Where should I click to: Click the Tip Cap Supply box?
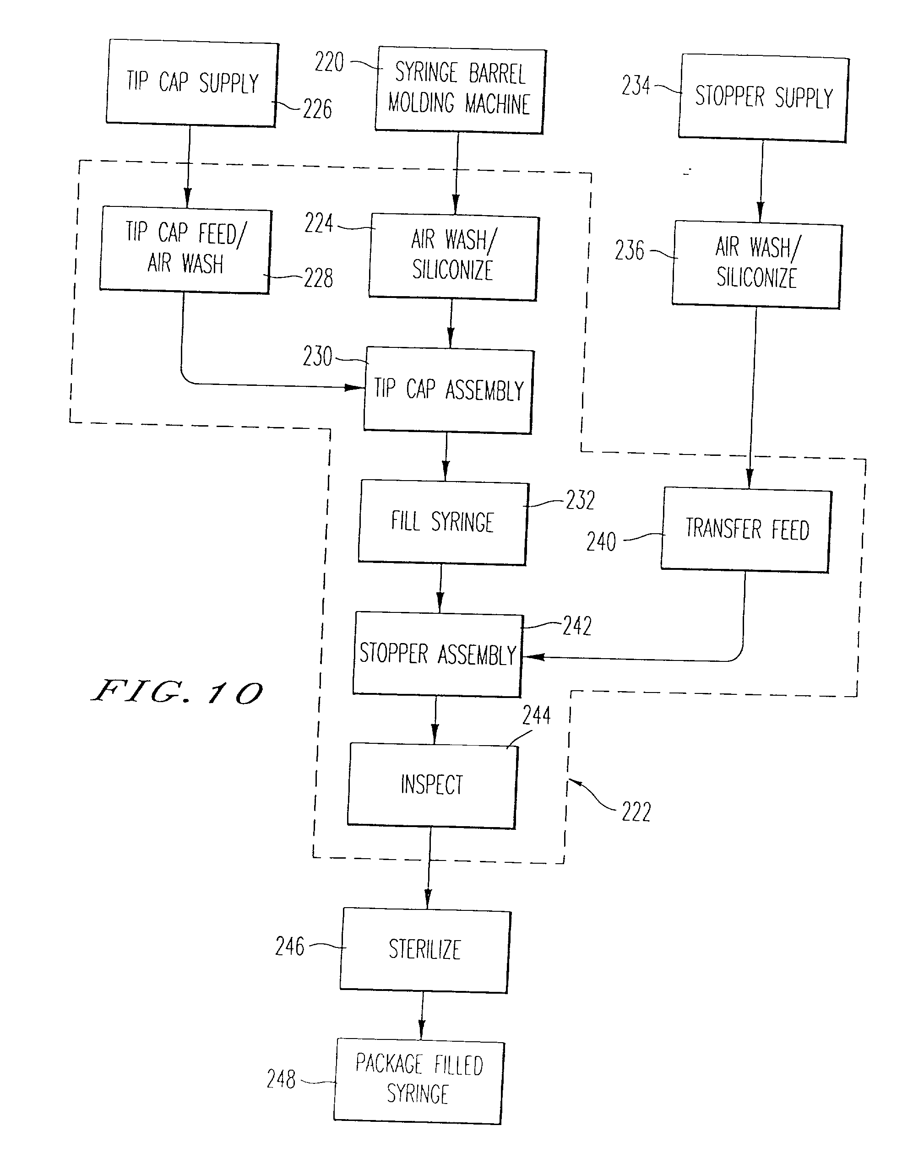tap(192, 83)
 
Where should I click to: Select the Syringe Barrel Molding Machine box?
tap(460, 90)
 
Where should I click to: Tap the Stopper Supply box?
tap(763, 98)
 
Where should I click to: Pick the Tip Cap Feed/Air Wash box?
tap(185, 249)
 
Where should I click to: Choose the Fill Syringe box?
tap(443, 522)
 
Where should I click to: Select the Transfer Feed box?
tap(746, 530)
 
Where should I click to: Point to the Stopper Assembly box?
tap(438, 655)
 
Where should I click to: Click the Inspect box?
tap(432, 785)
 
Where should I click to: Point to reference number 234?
tap(636, 86)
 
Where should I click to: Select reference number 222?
tap(636, 812)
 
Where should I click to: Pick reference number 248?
tap(281, 1079)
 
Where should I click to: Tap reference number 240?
tap(601, 541)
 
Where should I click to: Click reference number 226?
tap(317, 109)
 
